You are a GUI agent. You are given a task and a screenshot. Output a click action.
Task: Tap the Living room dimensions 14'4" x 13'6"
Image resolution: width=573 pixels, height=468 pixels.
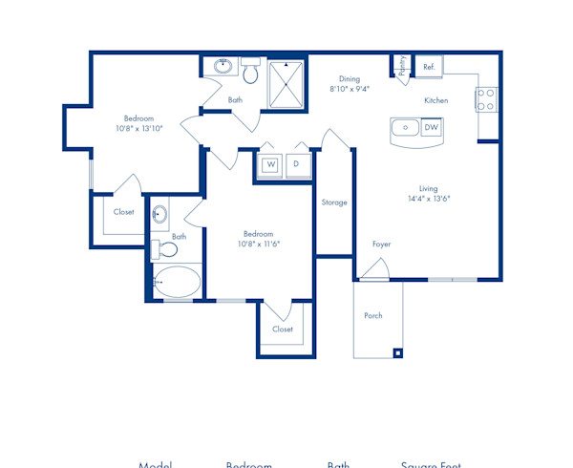coord(427,200)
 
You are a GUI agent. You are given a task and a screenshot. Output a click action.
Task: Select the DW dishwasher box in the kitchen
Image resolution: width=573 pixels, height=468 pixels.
coord(432,127)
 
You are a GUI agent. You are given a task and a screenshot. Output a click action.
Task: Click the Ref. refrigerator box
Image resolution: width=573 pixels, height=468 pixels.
coord(429,67)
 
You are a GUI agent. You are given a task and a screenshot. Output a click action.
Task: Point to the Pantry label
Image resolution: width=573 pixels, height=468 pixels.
coord(403,65)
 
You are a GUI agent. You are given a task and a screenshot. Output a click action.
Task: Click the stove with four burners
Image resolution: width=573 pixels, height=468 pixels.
coord(486,98)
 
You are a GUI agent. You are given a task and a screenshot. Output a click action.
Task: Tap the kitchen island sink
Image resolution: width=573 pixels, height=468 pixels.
coord(405,127)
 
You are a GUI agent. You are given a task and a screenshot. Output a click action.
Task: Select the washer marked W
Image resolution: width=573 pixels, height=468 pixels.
coord(270,164)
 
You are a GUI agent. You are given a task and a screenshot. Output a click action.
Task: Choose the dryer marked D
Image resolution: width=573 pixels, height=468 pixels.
coord(296,164)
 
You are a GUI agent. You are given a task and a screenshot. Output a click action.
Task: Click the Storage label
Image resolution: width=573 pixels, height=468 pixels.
coord(334,202)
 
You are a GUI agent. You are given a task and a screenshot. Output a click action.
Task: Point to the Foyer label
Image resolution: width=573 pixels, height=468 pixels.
coord(381,245)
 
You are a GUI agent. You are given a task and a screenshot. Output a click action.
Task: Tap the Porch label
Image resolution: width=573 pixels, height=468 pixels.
coord(373,316)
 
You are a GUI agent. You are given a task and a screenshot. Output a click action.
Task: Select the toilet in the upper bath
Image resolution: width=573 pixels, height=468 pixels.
coord(250,72)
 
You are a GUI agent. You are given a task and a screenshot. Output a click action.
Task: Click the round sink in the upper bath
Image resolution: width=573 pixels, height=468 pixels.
coord(223,67)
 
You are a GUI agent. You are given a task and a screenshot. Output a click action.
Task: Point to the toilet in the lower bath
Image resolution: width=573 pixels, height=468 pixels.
coord(168,250)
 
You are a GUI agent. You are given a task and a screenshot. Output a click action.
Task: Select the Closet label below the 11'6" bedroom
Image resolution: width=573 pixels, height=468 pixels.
coord(283,330)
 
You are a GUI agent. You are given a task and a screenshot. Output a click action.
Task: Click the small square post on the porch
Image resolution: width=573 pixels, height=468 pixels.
coord(397,352)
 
